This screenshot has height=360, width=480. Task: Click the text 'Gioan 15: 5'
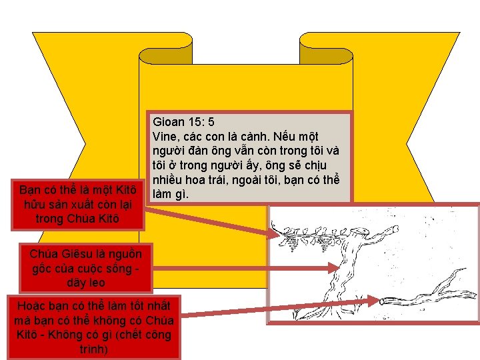tap(183, 123)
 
